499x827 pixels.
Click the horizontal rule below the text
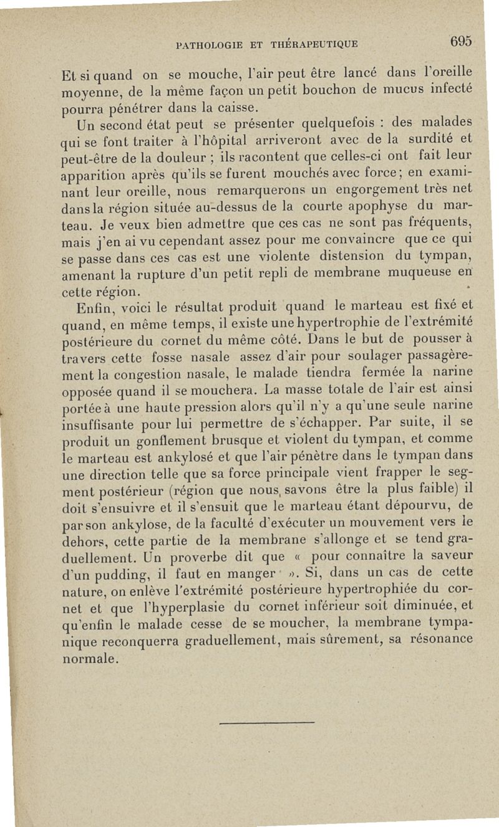pos(268,723)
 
